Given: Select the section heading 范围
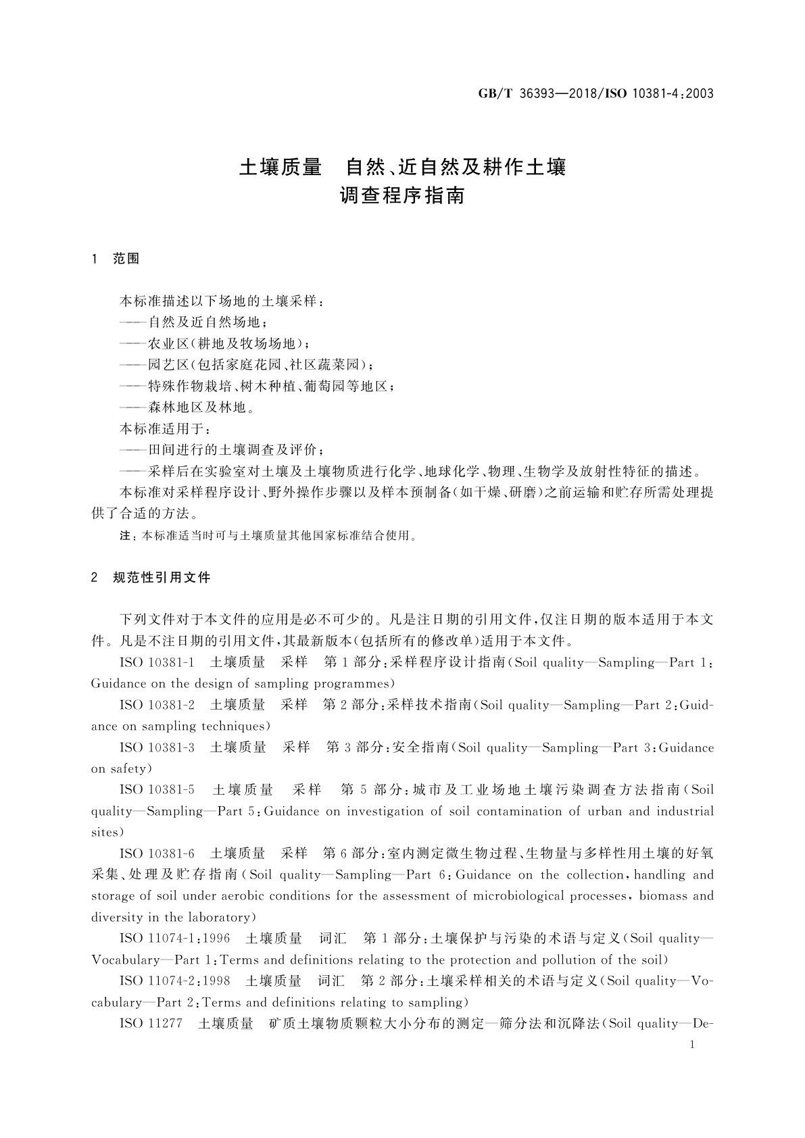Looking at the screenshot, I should point(126,259).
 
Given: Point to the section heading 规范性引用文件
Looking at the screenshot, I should point(162,577).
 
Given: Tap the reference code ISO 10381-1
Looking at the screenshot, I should point(157,662).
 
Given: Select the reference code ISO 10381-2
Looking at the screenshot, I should point(157,705).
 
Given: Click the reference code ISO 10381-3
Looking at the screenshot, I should point(157,747).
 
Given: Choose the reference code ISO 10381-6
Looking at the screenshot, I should point(157,853).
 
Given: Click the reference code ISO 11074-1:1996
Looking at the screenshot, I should point(174,938).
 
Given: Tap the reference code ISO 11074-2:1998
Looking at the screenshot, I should point(174,981).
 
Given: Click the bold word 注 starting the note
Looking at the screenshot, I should point(124,536).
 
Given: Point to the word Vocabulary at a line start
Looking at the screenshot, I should point(121,960).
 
